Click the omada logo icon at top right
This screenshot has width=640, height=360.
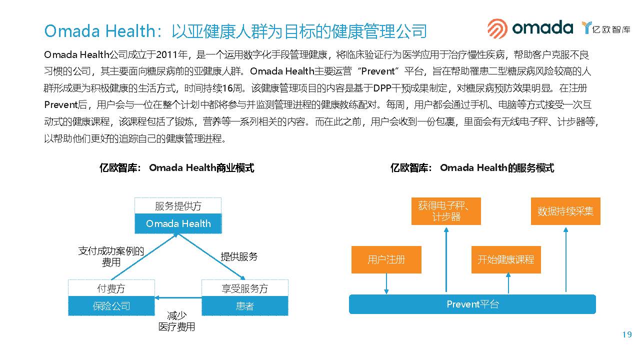pos(497,28)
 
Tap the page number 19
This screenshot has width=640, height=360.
pos(627,335)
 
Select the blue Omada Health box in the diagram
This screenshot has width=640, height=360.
pos(178,224)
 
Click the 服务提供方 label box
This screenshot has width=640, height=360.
pos(178,206)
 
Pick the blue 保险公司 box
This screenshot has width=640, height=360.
pos(111,306)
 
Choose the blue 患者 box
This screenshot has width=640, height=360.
pos(244,306)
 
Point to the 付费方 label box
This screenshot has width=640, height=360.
pos(111,288)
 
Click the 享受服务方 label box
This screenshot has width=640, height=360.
pos(244,288)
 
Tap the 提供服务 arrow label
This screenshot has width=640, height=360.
pos(239,256)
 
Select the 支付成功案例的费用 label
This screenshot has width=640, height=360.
pos(111,256)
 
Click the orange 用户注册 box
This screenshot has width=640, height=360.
pos(386,259)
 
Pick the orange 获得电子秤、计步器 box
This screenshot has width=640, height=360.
pos(446,211)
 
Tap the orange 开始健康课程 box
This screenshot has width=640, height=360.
pos(505,259)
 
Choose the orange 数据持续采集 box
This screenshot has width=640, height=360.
pos(565,211)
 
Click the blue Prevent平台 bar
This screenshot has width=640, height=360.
pos(472,304)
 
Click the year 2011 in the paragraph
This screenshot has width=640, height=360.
pos(171,54)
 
